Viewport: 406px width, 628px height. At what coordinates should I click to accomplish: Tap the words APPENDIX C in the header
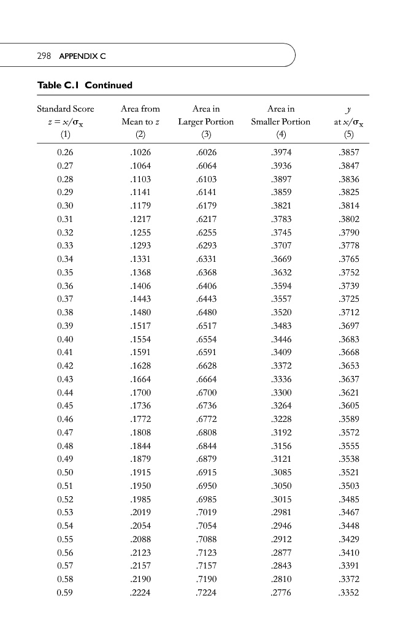tap(83, 56)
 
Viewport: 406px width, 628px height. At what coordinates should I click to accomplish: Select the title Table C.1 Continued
tap(85, 85)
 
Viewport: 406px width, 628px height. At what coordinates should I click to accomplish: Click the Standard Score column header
tap(66, 109)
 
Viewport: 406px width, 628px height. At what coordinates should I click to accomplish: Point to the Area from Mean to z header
tap(140, 115)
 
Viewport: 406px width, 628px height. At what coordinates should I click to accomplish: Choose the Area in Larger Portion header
tap(206, 115)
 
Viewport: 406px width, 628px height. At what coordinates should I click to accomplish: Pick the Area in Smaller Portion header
tap(281, 115)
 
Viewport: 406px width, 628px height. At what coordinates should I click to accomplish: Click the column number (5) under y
tap(349, 134)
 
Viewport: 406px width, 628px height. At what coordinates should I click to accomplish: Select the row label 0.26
tap(64, 153)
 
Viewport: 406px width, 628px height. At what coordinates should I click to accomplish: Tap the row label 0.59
tap(64, 593)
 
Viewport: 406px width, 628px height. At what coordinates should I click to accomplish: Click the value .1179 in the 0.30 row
tap(140, 206)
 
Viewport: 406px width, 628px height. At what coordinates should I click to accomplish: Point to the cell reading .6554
tap(206, 339)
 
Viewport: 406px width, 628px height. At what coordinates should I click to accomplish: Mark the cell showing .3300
tap(281, 392)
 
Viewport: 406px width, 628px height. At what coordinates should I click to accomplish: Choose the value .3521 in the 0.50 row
tap(349, 473)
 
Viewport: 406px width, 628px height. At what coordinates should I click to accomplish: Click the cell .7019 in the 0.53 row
tap(206, 513)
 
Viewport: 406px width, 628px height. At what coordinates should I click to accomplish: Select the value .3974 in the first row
tap(281, 153)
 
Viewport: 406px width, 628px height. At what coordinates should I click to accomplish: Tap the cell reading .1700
tap(140, 392)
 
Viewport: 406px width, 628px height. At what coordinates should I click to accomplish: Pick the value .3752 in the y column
tap(349, 272)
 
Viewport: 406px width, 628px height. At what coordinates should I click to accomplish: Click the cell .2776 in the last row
tap(281, 593)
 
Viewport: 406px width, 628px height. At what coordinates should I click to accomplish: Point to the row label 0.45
tap(64, 406)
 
